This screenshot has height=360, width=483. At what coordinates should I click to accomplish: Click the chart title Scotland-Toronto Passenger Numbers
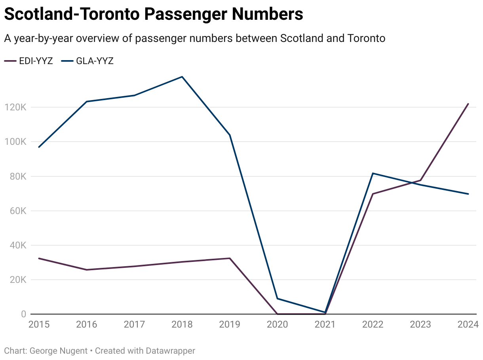click(x=154, y=15)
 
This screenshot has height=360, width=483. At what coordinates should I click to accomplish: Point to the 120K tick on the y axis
click(x=15, y=108)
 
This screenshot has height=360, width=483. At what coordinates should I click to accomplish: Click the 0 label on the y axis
click(x=23, y=314)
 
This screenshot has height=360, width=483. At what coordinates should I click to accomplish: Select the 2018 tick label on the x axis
click(x=182, y=325)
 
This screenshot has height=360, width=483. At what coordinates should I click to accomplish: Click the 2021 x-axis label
click(x=325, y=325)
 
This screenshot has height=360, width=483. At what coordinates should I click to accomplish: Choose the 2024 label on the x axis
click(x=468, y=325)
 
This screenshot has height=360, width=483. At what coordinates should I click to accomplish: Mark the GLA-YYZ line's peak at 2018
click(x=182, y=77)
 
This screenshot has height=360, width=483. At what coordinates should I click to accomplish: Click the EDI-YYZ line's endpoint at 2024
click(x=468, y=104)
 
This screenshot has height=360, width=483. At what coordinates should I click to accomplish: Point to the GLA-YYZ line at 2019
click(x=230, y=135)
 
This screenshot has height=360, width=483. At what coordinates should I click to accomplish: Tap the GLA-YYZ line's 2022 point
click(x=373, y=173)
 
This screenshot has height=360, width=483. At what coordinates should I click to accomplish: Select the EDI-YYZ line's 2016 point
click(x=87, y=270)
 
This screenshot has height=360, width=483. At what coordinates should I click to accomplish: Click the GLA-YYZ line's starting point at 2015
click(x=39, y=147)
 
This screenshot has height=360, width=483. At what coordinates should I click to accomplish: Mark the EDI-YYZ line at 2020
click(x=277, y=314)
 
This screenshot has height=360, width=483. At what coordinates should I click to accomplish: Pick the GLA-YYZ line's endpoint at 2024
click(x=468, y=194)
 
